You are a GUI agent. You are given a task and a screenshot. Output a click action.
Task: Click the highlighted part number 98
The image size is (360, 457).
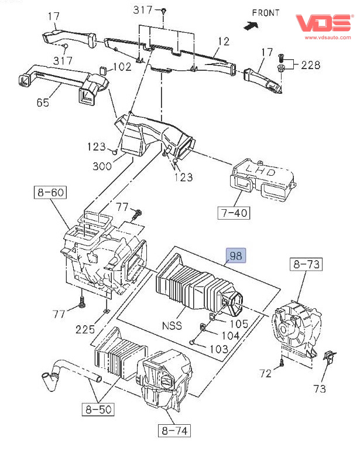coord(236,255)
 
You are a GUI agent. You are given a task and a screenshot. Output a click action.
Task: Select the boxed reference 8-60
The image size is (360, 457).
coord(50,192)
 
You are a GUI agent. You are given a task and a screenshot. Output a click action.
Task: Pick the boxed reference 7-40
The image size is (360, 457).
coord(233,212)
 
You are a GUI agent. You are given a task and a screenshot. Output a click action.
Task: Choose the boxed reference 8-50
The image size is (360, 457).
coord(98,409)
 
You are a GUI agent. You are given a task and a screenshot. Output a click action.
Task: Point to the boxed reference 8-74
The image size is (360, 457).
coord(174,432)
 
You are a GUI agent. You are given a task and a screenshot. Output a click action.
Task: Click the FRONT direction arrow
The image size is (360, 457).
coord(252,26)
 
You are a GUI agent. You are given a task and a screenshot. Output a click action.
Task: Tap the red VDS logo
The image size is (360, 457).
coord(324,23)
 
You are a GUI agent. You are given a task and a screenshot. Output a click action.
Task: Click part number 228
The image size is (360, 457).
coord(311,64)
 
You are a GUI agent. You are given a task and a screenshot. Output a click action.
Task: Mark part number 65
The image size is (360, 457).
coord(43,102)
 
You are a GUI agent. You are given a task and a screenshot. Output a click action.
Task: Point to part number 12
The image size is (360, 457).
coord(224,42)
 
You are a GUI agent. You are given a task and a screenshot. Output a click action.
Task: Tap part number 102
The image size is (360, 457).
coord(122,67)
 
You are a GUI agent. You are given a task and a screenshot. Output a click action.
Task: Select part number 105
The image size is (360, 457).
coord(238,323)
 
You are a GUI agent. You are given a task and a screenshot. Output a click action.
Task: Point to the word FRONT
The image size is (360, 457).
coord(266,12)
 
